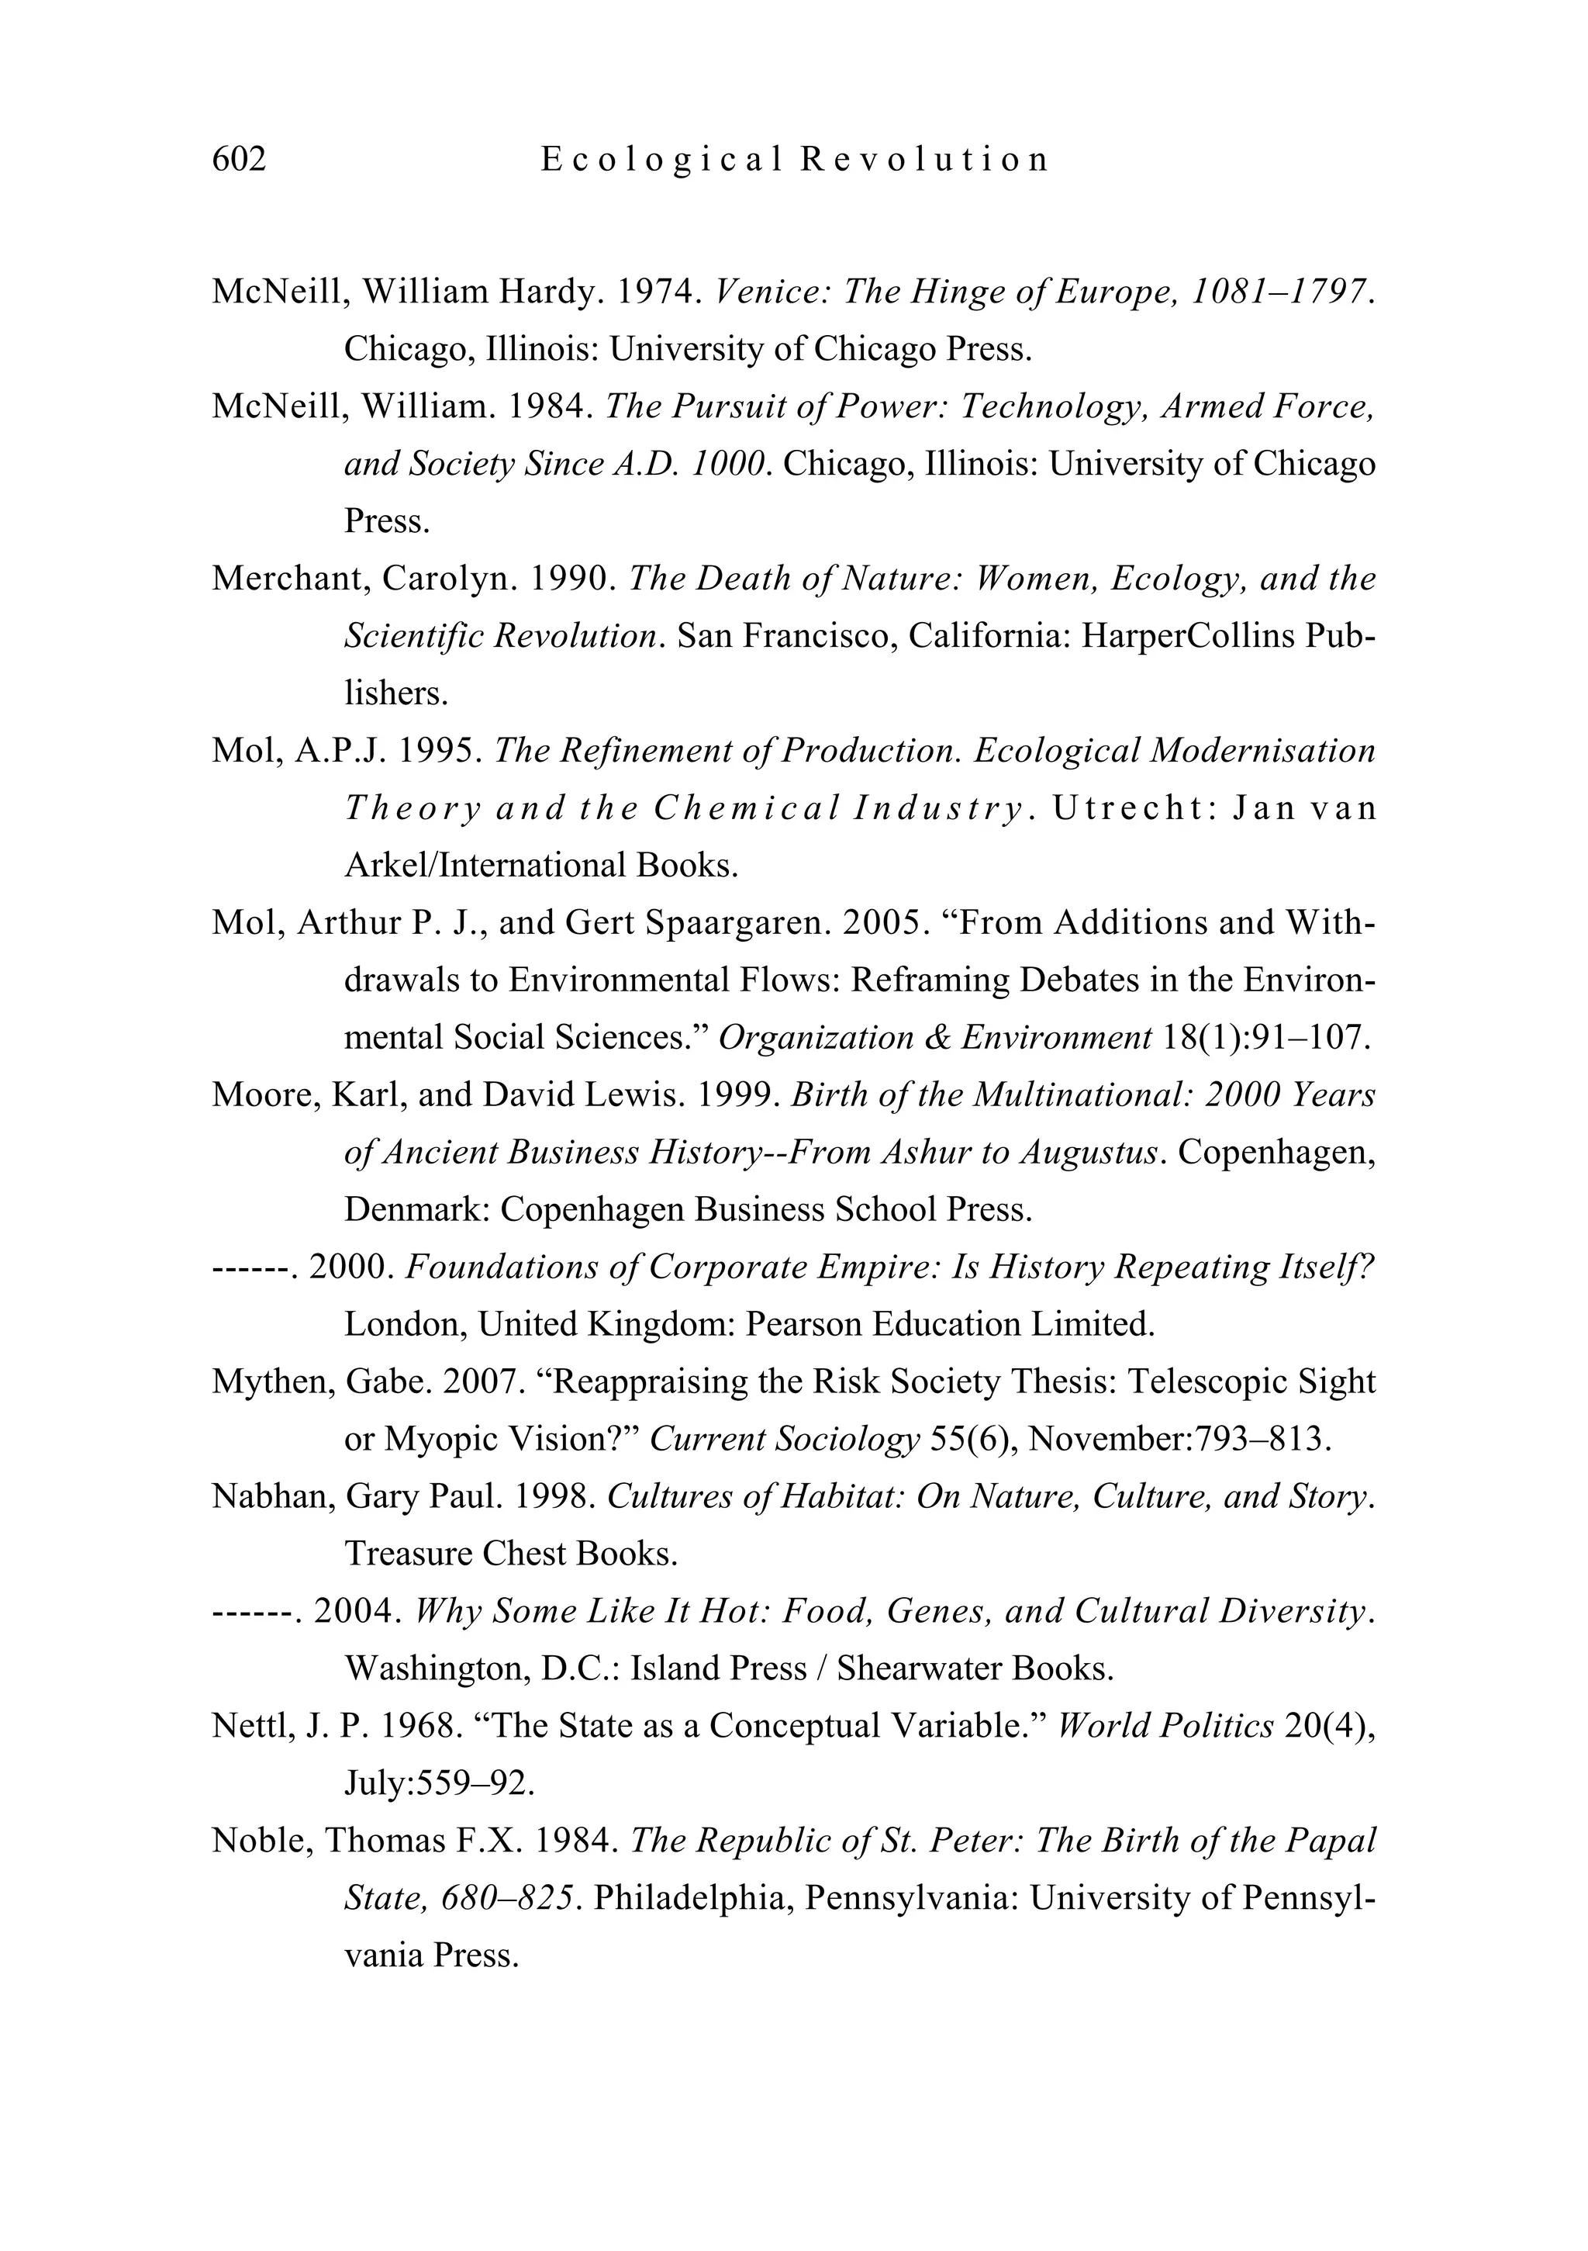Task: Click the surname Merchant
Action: [290, 579]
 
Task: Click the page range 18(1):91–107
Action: [1265, 1037]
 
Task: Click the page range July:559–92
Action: [439, 1782]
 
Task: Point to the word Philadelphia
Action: [694, 1898]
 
